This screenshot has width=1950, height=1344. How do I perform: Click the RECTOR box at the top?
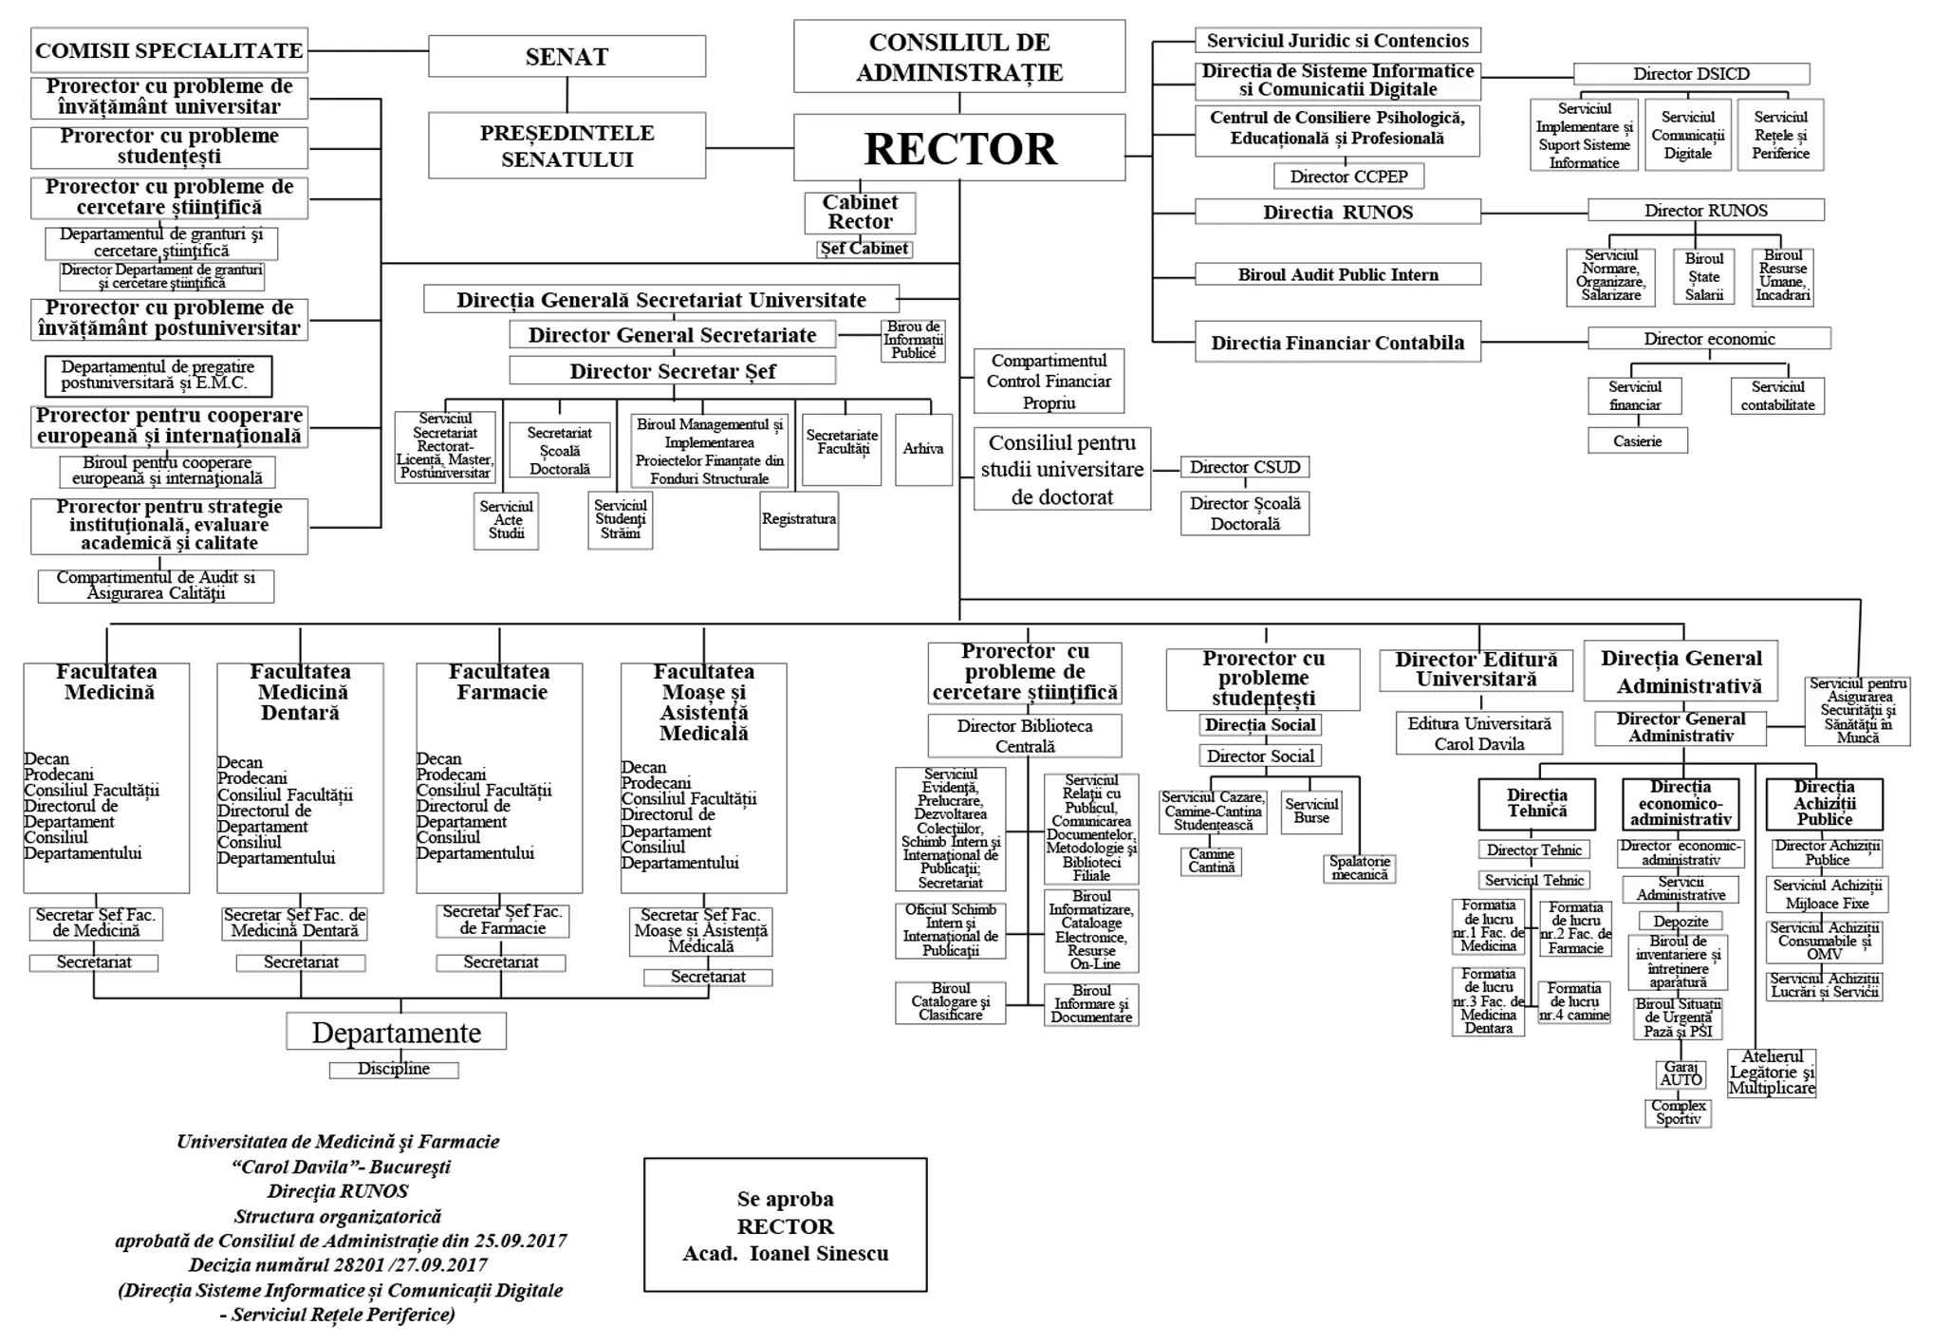[x=959, y=148]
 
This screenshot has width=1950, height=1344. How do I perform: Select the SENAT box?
[x=566, y=56]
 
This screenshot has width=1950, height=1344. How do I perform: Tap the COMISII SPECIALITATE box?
[x=169, y=50]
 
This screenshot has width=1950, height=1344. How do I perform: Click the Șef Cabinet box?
[x=864, y=249]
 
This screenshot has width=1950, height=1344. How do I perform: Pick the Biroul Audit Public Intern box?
[x=1337, y=274]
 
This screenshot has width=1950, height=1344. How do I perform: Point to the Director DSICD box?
[x=1691, y=74]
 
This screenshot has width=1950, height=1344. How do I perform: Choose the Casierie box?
[x=1637, y=440]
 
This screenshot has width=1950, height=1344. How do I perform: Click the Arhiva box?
[x=922, y=449]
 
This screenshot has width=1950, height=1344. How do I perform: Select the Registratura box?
[x=799, y=519]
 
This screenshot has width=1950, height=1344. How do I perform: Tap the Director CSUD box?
[x=1245, y=467]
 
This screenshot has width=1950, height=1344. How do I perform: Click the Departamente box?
[x=397, y=1032]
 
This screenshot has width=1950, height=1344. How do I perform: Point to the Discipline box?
[x=394, y=1069]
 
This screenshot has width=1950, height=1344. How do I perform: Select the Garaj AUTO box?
[x=1681, y=1073]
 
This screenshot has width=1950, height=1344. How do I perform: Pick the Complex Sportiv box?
[x=1679, y=1112]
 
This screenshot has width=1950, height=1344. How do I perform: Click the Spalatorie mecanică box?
[x=1359, y=868]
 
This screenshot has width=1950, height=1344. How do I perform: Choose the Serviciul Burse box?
[x=1311, y=810]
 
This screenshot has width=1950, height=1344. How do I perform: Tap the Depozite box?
[x=1681, y=921]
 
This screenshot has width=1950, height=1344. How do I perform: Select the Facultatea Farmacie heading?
[x=501, y=681]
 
